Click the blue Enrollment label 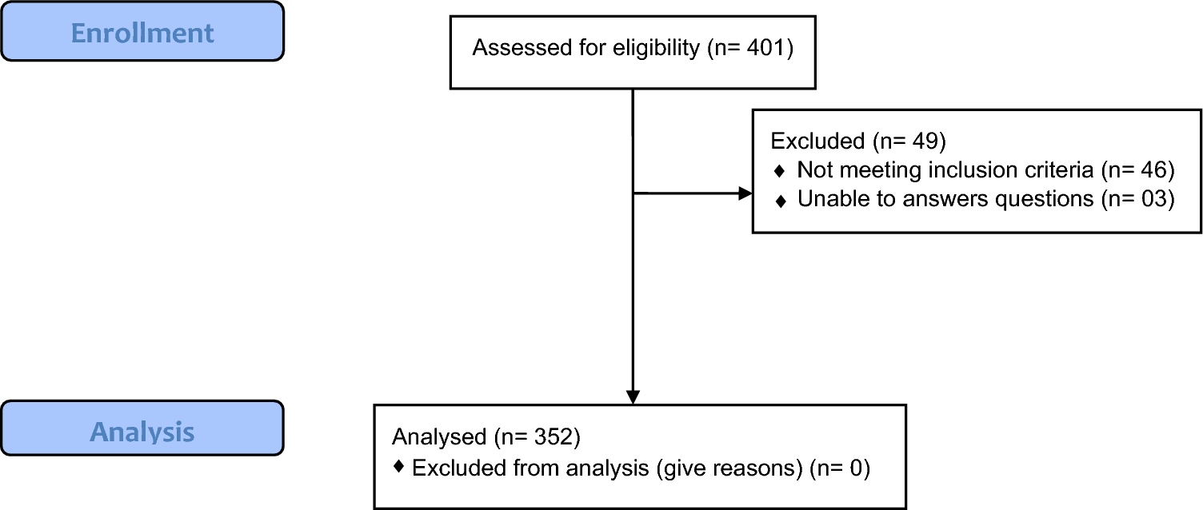pyautogui.click(x=142, y=33)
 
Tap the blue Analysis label pyautogui.click(x=142, y=432)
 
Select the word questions pyautogui.click(x=1043, y=200)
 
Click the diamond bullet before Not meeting pyautogui.click(x=780, y=171)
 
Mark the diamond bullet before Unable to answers pyautogui.click(x=780, y=200)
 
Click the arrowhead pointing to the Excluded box pyautogui.click(x=745, y=193)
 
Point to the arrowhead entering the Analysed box pyautogui.click(x=633, y=396)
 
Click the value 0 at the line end pyautogui.click(x=853, y=468)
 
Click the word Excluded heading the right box pyautogui.click(x=817, y=141)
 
